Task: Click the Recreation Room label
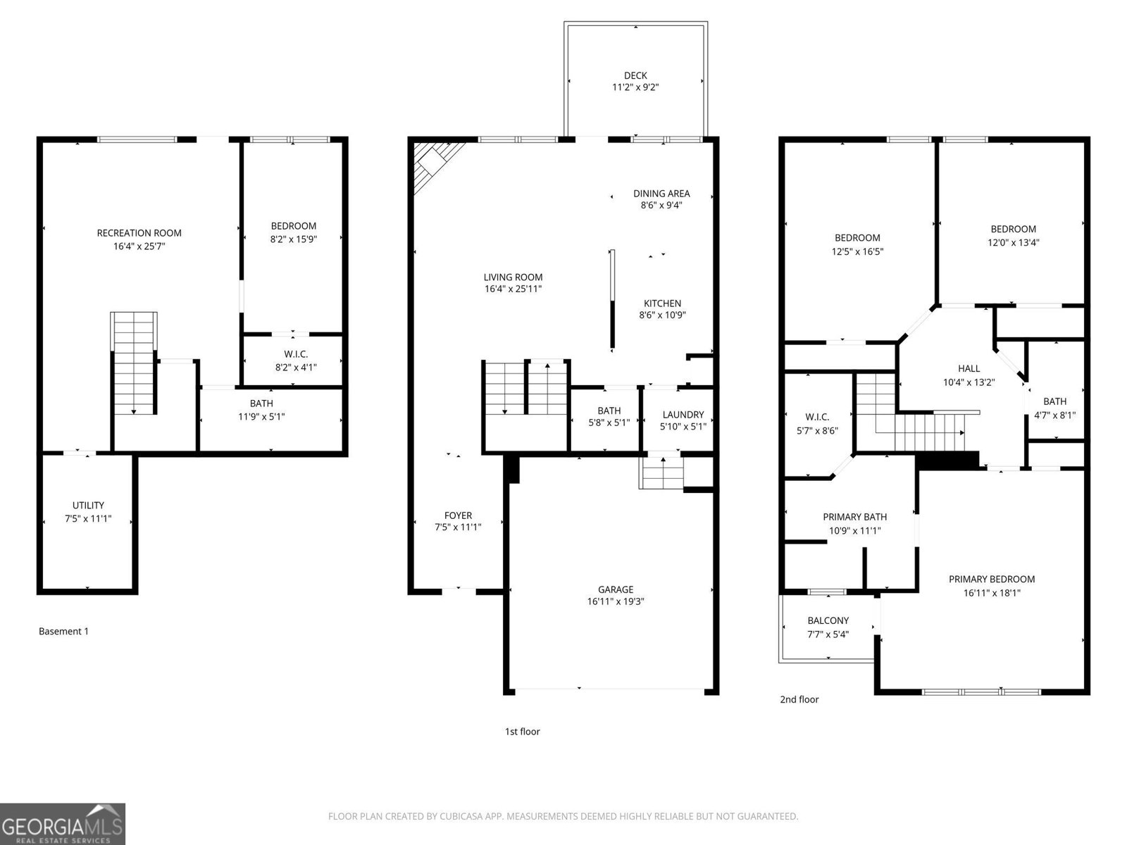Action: coord(139,233)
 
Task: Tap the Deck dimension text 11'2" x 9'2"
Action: coord(635,87)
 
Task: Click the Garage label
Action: coord(616,589)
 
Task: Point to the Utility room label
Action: coord(88,505)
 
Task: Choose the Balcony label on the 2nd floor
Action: coord(828,620)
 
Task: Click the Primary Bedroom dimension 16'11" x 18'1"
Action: coord(992,593)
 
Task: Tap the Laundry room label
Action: coord(683,414)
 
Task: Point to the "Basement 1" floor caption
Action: coord(63,631)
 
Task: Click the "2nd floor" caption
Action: coord(799,699)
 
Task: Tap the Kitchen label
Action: coord(662,303)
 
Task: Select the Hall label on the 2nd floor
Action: coord(969,368)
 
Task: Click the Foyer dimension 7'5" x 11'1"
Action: coord(458,527)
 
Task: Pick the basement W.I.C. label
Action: coord(296,353)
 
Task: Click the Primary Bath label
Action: coord(854,517)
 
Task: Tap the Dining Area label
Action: coord(661,193)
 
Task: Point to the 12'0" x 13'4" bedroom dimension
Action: coord(1013,242)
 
